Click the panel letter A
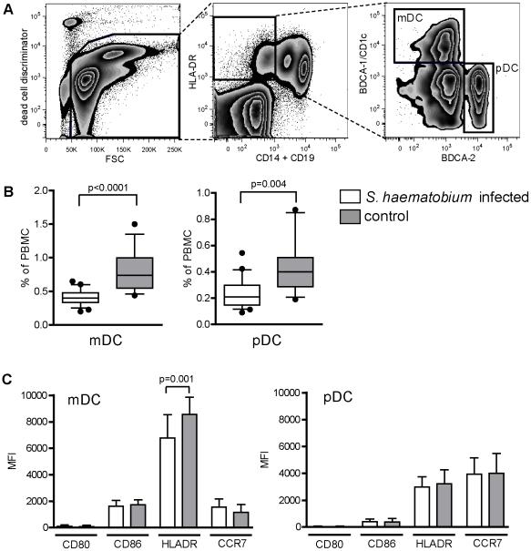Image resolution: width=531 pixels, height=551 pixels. point(9,8)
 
